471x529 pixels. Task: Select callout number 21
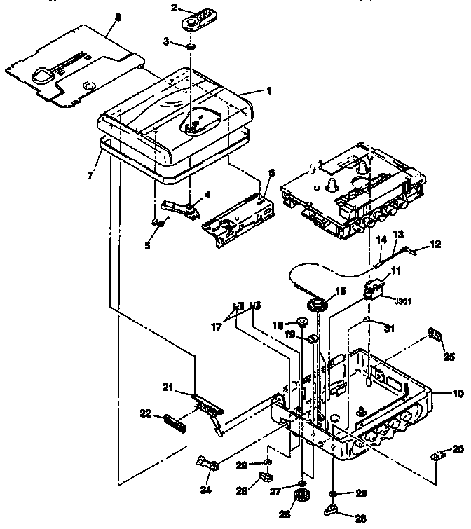point(169,387)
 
